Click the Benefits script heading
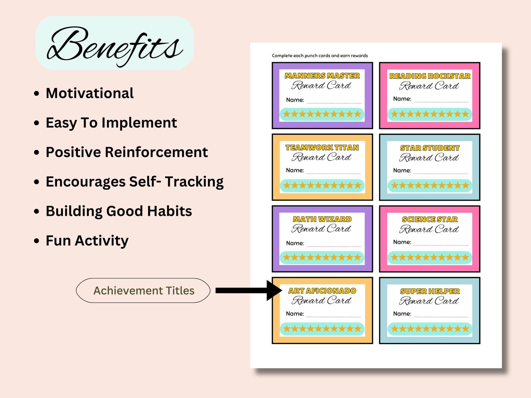114,45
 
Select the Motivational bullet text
90,93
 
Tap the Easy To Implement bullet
111,123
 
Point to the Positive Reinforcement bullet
127,152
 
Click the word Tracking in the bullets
194,182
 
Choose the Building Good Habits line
119,211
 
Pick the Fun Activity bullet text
87,241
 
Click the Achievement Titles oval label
143,290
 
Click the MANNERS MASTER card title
322,76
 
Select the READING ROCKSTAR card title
430,76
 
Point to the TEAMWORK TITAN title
322,147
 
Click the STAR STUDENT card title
430,148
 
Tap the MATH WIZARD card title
322,219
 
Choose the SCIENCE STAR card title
430,219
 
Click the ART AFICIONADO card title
322,291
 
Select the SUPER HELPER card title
430,291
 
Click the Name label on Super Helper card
402,313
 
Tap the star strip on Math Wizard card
322,257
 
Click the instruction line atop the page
320,55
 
